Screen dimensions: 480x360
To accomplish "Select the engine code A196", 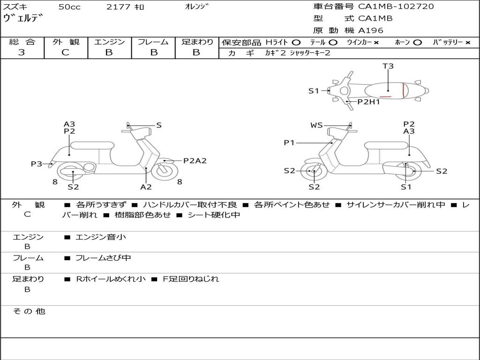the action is (371, 30).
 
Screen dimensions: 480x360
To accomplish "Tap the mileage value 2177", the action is (119, 7).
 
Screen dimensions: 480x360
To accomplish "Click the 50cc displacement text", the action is (69, 7).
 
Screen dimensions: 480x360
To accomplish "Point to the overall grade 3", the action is (22, 52).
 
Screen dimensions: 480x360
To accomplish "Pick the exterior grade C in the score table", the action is (65, 52).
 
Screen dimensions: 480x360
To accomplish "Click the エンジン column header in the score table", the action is (109, 42).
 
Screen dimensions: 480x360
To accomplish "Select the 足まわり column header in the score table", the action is (197, 42).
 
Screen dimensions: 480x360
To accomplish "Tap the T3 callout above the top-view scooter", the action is (388, 66).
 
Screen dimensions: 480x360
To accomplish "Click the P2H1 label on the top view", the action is (368, 101).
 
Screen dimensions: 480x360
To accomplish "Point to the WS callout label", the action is (316, 125).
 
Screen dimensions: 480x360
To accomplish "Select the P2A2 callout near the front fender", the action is (195, 160).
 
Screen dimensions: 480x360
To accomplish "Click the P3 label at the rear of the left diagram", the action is (37, 164).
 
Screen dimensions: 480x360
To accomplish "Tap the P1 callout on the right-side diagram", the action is (289, 142).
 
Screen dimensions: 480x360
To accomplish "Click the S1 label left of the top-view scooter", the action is (314, 91).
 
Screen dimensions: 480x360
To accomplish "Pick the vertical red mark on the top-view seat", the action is (404, 90).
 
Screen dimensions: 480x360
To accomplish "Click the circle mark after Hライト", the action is (296, 42).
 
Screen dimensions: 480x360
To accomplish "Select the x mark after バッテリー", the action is (467, 42).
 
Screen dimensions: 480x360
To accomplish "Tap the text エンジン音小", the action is (101, 237).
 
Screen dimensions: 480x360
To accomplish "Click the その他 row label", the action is (29, 311).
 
